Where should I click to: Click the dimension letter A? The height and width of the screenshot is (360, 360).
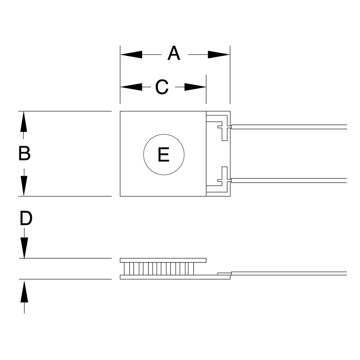pos(174,54)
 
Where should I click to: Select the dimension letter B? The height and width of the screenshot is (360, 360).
pos(24,153)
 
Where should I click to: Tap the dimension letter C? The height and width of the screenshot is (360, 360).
pos(162,87)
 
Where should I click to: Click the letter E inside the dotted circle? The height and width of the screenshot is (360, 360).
pos(163,155)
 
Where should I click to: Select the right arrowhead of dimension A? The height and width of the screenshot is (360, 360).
pos(219,54)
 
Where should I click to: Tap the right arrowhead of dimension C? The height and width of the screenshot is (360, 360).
pos(195,87)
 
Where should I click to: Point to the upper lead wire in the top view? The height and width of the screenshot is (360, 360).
pos(288,126)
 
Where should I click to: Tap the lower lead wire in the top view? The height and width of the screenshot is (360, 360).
pos(288,180)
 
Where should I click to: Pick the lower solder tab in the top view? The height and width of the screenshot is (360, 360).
pos(224,177)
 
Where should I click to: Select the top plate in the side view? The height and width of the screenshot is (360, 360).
pos(163,260)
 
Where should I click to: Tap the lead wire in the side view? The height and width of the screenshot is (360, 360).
pos(288,274)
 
